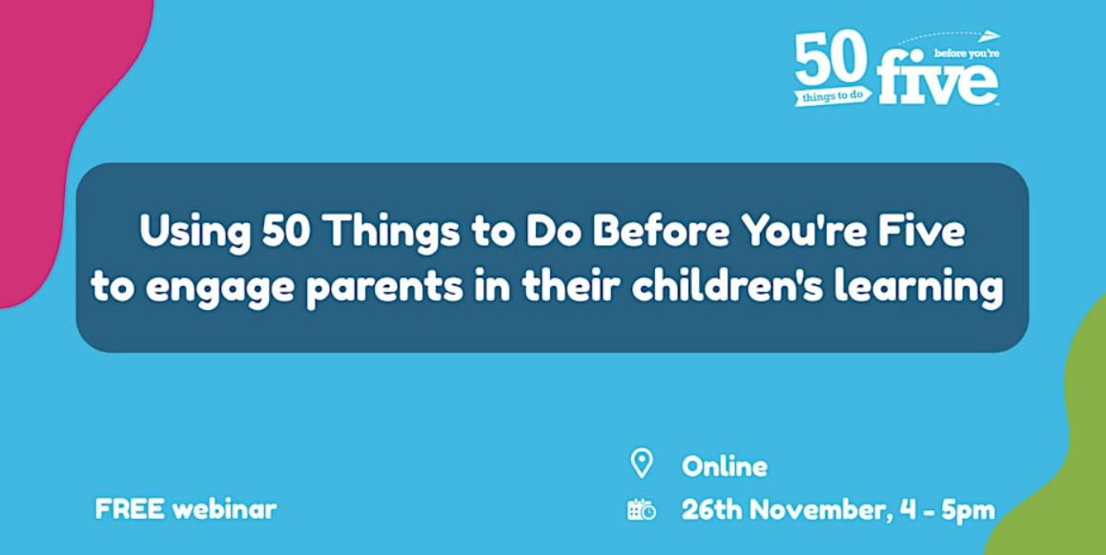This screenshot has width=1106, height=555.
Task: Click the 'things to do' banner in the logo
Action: (x=833, y=97)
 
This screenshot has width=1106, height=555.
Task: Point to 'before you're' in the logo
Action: (x=964, y=52)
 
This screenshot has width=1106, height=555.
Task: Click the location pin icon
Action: (x=641, y=463)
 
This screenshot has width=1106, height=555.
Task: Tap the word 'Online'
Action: (x=725, y=466)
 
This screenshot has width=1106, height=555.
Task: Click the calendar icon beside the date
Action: (x=641, y=509)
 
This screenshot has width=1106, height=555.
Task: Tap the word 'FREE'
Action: (x=130, y=510)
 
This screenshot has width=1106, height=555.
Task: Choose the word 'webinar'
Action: (x=224, y=510)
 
